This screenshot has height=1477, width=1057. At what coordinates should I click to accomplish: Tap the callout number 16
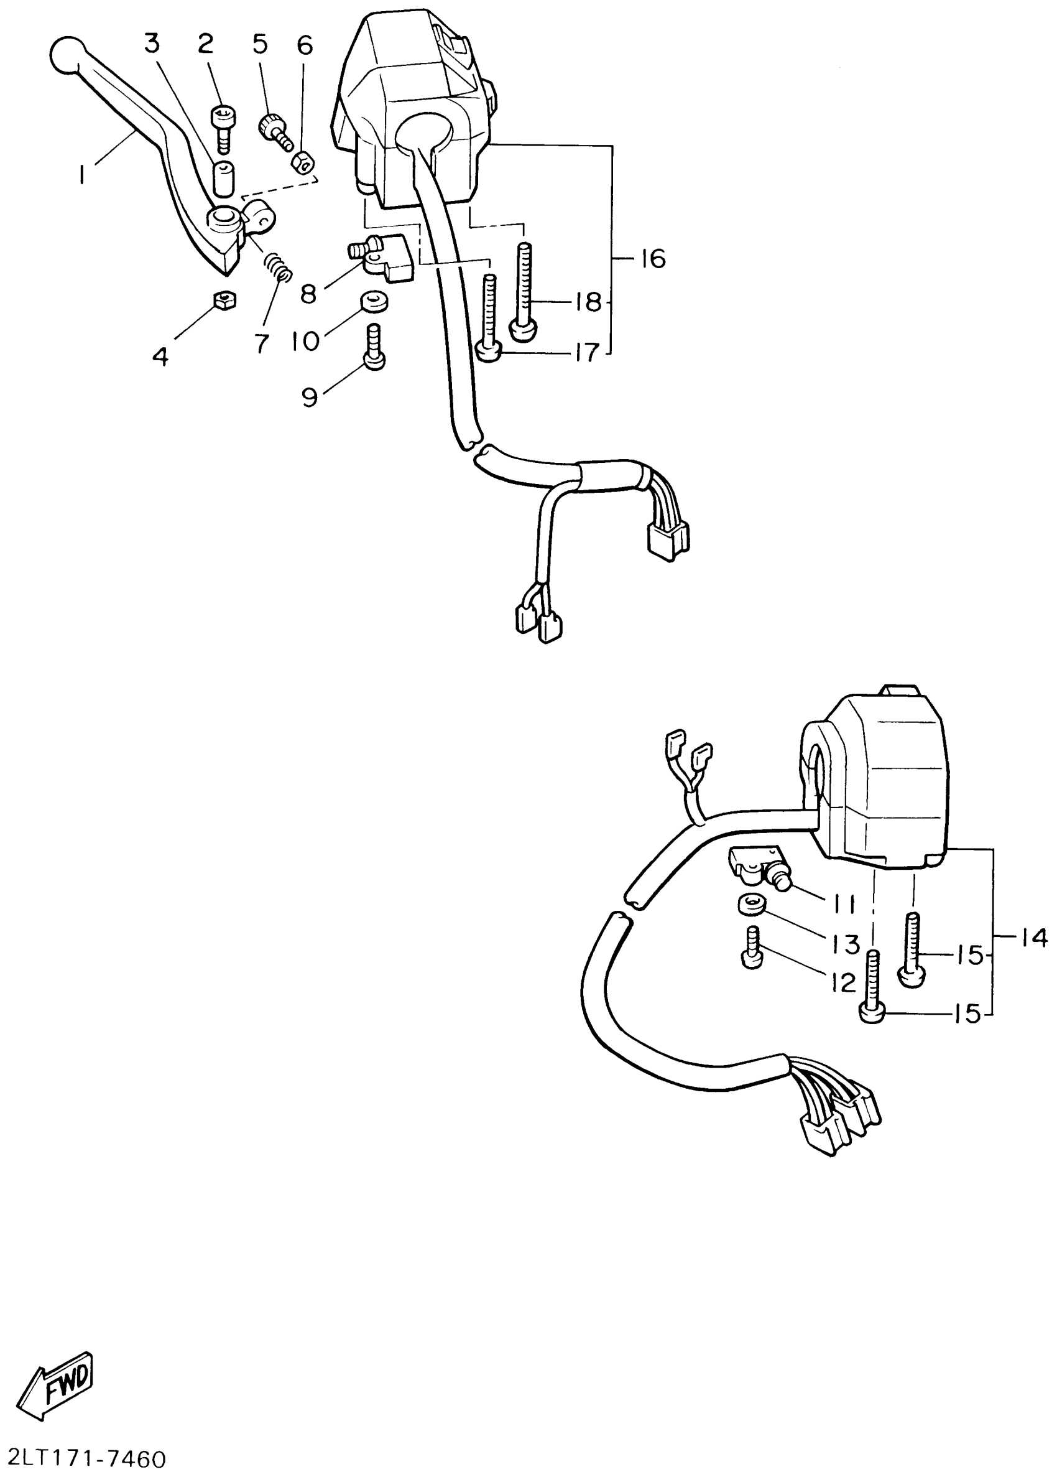point(652,259)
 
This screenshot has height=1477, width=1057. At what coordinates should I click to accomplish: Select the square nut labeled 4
point(224,301)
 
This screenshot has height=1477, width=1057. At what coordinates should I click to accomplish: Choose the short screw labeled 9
point(374,348)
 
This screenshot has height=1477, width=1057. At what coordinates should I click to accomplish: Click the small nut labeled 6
point(304,159)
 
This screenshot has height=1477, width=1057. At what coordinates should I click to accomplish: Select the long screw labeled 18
point(525,291)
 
